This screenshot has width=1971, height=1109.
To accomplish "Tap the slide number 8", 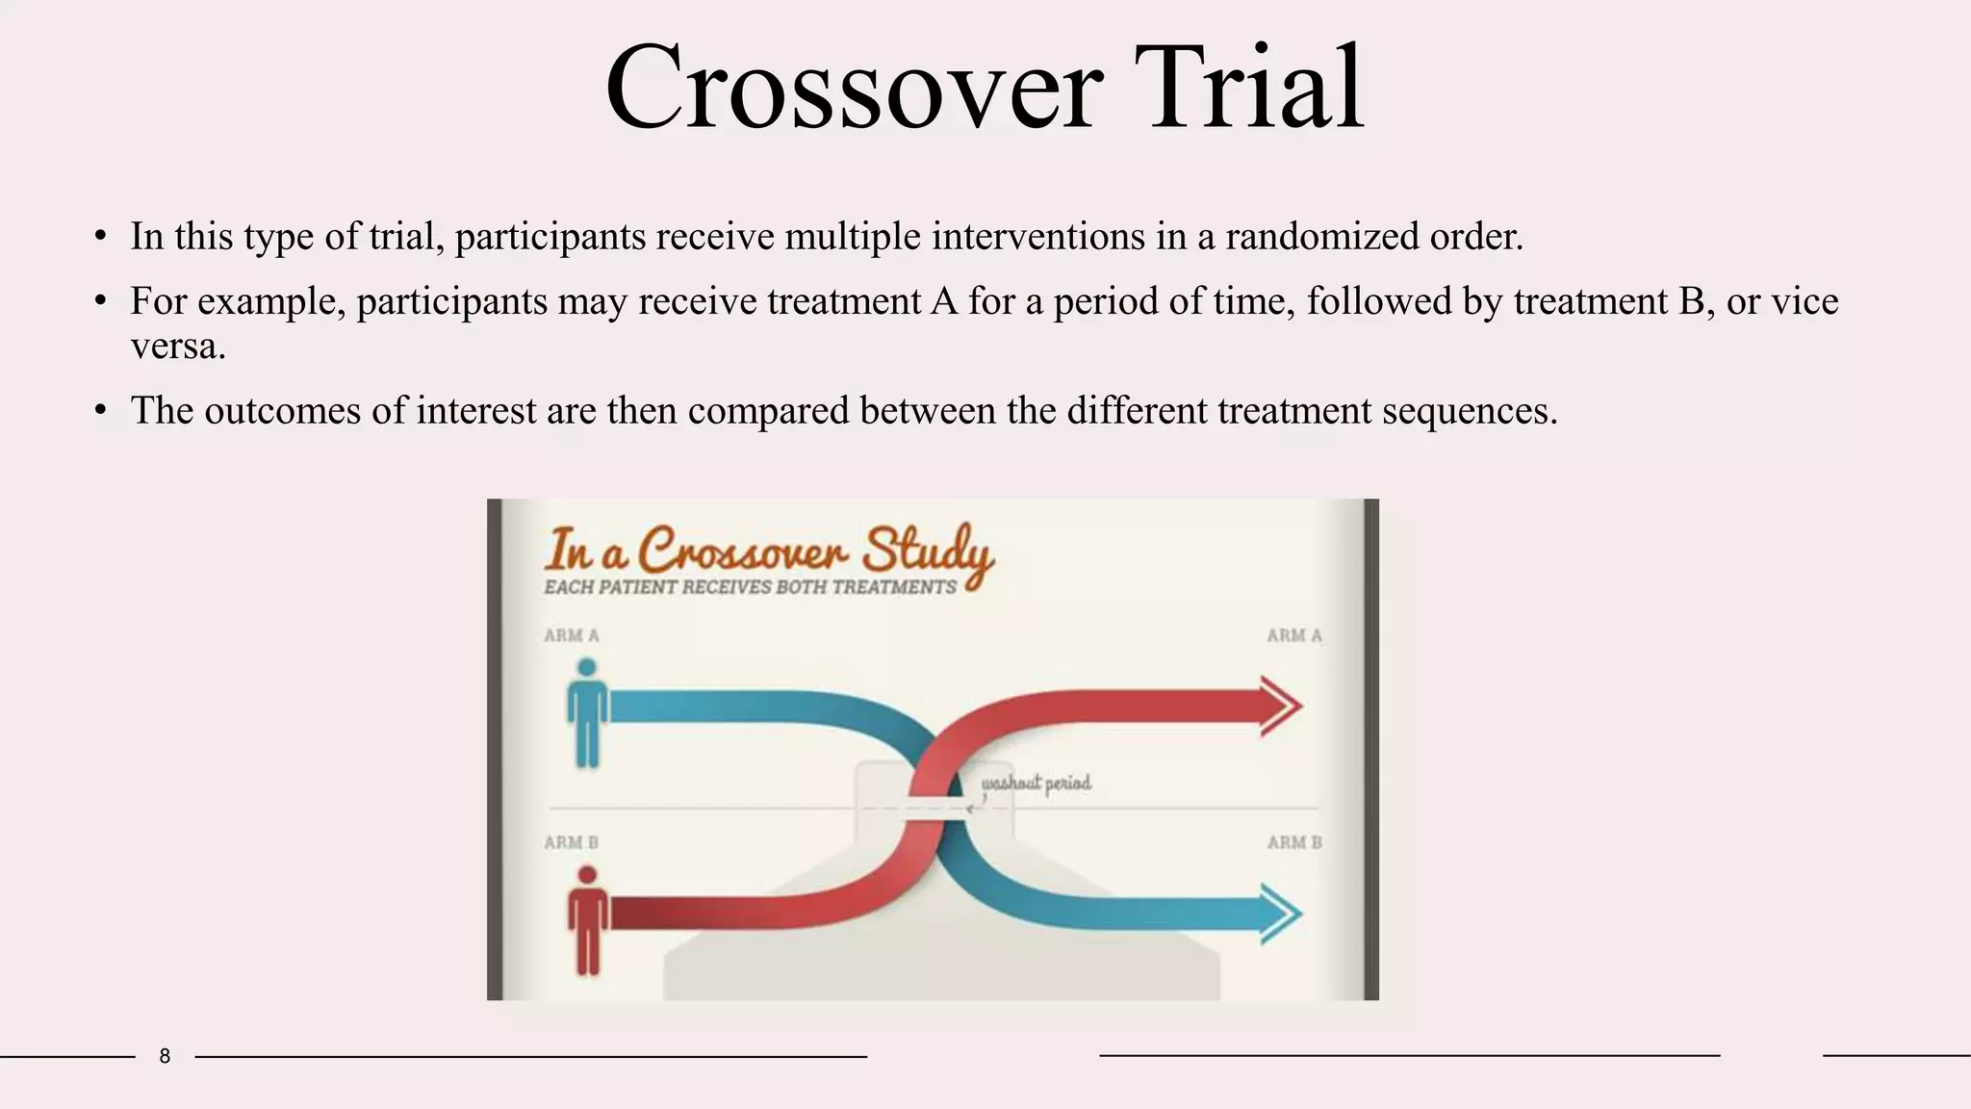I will click(x=165, y=1056).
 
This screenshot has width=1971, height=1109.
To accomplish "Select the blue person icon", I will click(x=586, y=713).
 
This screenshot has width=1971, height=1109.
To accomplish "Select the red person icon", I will click(x=586, y=919).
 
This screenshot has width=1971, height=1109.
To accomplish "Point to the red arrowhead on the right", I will click(x=1281, y=707).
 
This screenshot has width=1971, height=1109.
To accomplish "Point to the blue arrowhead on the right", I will click(x=1281, y=914).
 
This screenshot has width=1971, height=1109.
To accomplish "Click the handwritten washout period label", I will click(x=1037, y=783).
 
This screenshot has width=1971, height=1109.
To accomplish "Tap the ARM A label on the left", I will click(x=571, y=635).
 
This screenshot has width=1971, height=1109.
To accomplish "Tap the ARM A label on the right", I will click(x=1293, y=635).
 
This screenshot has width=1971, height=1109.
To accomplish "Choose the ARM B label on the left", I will click(x=571, y=842).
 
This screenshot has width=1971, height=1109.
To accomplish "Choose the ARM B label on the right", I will click(x=1293, y=842).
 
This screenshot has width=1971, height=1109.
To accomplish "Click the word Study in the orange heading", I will click(x=926, y=552).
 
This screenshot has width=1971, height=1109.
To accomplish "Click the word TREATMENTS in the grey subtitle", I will click(x=894, y=587).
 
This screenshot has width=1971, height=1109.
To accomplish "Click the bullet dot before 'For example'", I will click(x=100, y=302).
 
